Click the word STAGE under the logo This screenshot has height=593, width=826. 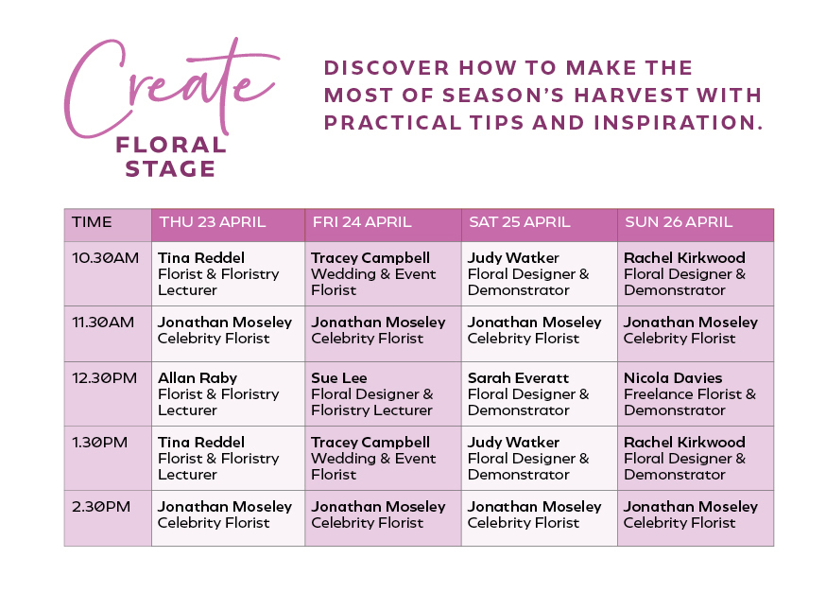pos(171,170)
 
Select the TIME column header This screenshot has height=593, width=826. pos(92,222)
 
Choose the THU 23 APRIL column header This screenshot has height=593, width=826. pos(213,222)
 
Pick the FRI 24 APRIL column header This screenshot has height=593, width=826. pos(362,222)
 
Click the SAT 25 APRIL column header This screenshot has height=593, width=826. pos(519,222)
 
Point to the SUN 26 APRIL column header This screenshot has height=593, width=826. pos(679,222)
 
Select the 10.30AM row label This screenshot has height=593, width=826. pos(105,258)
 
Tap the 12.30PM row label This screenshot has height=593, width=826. pos(105,378)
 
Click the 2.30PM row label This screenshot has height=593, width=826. pos(101,507)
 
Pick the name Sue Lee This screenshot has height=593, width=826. pos(339,378)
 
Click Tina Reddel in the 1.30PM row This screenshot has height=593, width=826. pos(201,443)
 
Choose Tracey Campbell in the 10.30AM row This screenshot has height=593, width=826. pos(370,258)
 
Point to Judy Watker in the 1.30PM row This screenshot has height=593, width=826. pos(513,443)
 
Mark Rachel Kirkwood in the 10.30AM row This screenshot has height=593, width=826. pos(684,258)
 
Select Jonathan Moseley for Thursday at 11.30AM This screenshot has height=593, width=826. pos(225,323)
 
